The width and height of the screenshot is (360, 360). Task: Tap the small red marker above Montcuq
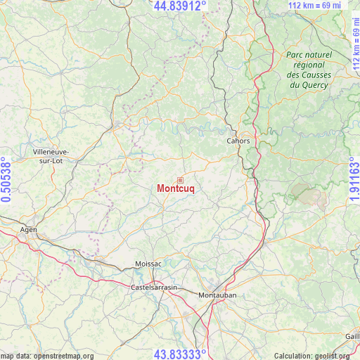180,180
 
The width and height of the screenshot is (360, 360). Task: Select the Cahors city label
238,141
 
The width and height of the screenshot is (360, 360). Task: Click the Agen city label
28,229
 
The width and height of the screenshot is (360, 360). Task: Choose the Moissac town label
148,264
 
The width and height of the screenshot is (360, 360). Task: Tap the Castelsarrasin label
154,288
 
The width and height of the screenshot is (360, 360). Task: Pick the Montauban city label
217,295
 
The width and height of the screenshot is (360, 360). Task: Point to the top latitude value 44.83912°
180,6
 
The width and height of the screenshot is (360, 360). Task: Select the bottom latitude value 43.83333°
180,354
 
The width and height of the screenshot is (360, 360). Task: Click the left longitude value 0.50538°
6,180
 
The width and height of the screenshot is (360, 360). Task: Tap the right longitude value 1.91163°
354,180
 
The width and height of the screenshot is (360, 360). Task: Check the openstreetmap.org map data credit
48,356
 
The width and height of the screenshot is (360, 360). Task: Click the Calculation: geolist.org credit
315,356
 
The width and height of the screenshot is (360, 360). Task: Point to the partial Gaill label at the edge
352,336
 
